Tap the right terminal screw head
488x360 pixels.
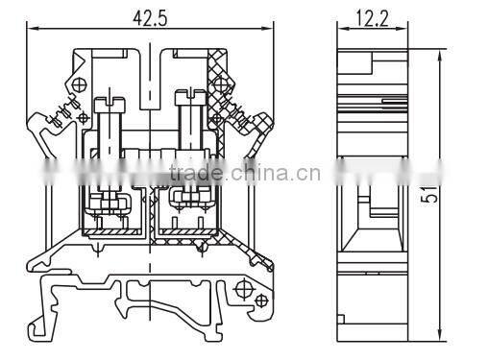pos(184,96)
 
